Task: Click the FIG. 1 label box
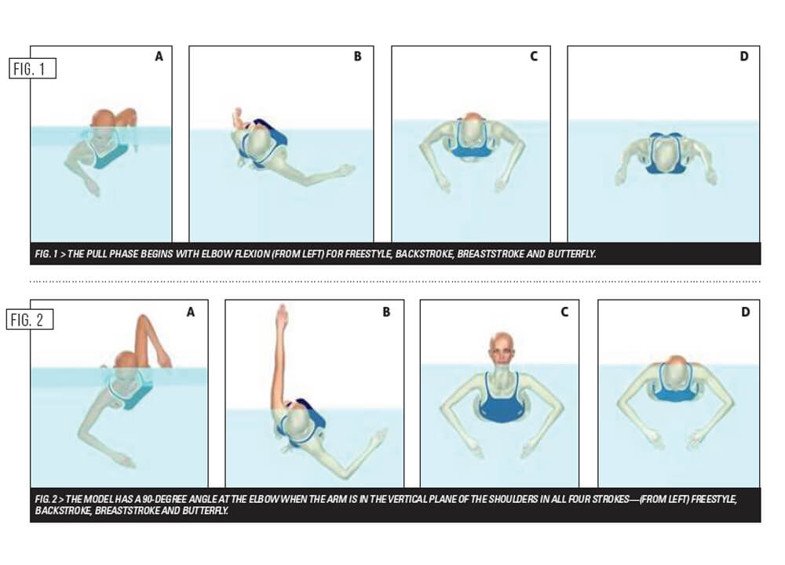click(x=32, y=68)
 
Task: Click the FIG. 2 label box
click(x=30, y=319)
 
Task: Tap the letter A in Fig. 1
click(x=159, y=56)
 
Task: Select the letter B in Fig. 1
click(x=357, y=56)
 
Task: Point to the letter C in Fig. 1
click(x=534, y=56)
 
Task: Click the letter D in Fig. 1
click(x=744, y=56)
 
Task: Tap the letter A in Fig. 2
click(x=190, y=312)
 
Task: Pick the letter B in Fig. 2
click(x=386, y=312)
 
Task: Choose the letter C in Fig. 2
click(x=564, y=312)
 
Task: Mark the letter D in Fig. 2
click(x=746, y=312)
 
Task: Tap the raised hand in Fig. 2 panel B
click(x=283, y=316)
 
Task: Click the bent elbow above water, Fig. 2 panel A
click(x=143, y=319)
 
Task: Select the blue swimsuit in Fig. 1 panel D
click(x=665, y=153)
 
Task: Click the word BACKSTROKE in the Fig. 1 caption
click(x=424, y=253)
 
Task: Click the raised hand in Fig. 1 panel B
click(x=238, y=118)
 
